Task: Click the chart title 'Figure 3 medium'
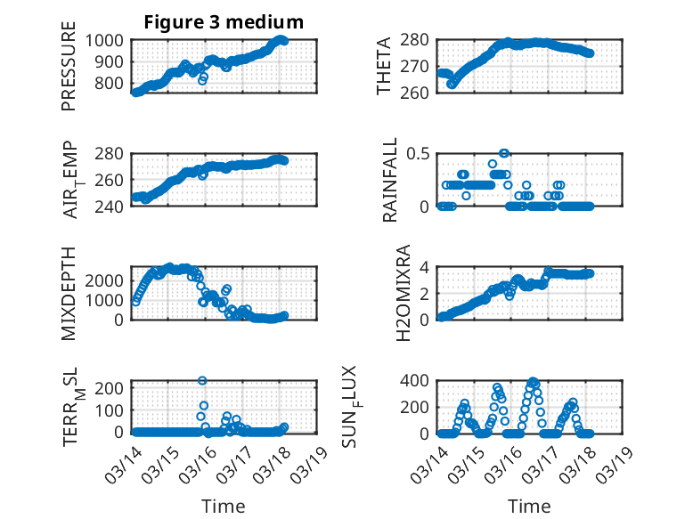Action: (224, 22)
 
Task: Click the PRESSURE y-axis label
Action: (69, 73)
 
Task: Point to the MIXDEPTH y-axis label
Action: (69, 293)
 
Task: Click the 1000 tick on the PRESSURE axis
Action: (106, 40)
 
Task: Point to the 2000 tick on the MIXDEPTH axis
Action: (106, 280)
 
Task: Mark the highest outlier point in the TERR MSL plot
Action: (202, 380)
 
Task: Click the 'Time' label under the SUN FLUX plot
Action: (529, 506)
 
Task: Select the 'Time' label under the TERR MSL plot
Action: (224, 506)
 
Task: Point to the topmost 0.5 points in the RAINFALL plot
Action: (504, 153)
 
